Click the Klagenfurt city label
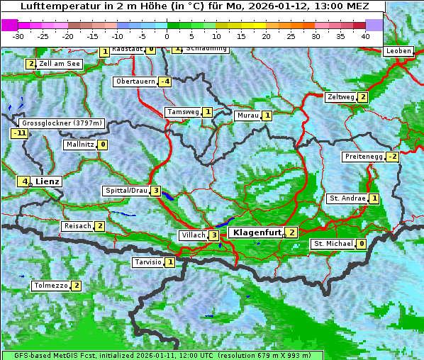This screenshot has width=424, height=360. click(255, 232)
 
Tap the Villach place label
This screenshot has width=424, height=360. click(192, 235)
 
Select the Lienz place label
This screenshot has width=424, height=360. click(48, 181)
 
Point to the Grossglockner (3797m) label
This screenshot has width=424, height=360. click(62, 123)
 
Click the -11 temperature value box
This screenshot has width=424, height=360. click(19, 133)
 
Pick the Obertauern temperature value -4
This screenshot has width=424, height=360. click(164, 81)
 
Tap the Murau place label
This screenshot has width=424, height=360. click(247, 115)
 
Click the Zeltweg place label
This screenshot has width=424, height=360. click(340, 97)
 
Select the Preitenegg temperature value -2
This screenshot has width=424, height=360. click(391, 157)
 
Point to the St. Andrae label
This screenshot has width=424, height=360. click(347, 198)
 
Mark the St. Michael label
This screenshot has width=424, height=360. click(333, 244)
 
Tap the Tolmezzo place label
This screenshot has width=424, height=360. click(50, 286)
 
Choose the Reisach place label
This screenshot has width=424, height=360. click(77, 226)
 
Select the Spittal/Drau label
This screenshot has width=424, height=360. click(126, 191)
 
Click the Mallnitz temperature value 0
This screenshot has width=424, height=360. click(103, 145)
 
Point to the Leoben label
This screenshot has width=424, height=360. click(398, 51)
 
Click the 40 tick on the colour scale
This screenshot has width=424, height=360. click(365, 35)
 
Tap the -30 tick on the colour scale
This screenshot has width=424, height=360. click(18, 35)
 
